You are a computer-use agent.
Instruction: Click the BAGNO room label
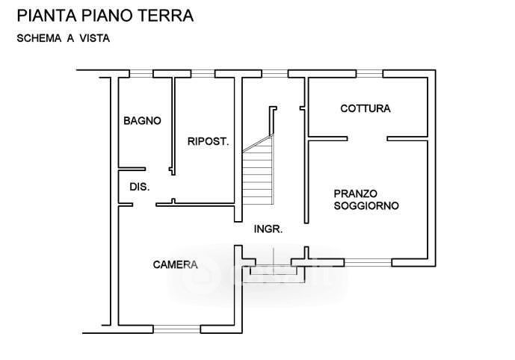tap(142, 120)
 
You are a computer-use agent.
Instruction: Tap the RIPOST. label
tap(208, 141)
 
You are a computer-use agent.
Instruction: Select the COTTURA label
tap(365, 109)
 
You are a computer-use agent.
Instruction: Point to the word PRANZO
tap(356, 193)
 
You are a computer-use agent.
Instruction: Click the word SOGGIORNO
tap(366, 205)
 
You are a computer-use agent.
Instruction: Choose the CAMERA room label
tap(175, 264)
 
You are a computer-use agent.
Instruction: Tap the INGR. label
tap(268, 230)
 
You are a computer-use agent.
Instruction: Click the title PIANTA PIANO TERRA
tap(105, 15)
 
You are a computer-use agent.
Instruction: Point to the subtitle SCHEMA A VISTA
tap(64, 39)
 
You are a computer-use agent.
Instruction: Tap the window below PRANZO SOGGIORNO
tap(368, 261)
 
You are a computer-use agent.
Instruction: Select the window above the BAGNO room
tap(141, 73)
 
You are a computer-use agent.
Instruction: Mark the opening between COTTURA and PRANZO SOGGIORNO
tap(366, 138)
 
